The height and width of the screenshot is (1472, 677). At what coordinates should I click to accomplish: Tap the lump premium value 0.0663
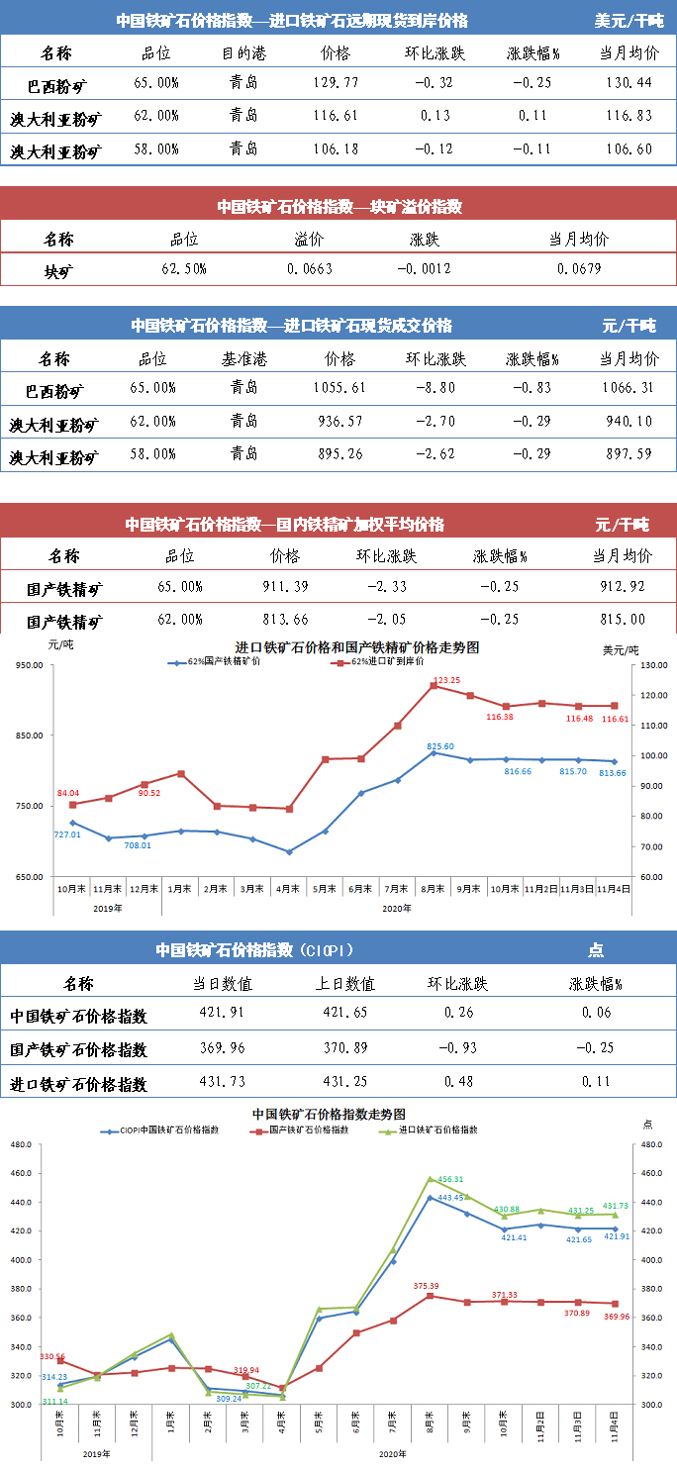coord(310,269)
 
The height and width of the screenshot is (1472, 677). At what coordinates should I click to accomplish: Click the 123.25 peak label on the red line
coord(448,680)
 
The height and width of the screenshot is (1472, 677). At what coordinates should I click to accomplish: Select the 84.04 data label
coord(67,792)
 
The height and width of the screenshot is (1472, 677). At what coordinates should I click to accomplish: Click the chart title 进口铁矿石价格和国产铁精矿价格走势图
coord(357,646)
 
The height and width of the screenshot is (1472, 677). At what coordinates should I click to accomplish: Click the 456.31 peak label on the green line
coord(450,1179)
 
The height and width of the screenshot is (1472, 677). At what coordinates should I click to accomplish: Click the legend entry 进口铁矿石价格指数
coord(436,1129)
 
